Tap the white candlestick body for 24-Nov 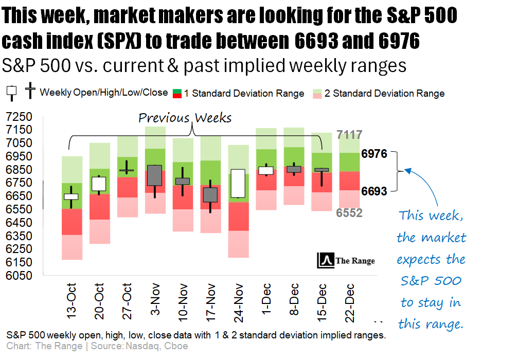coord(238,183)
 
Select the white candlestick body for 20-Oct coord(99,184)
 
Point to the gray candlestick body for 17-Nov coord(210,194)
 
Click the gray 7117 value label coord(349,135)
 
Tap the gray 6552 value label coord(349,213)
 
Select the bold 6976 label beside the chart coord(374,153)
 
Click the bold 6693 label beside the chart coord(374,191)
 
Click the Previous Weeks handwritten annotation coord(185,118)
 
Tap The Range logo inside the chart coord(347,260)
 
